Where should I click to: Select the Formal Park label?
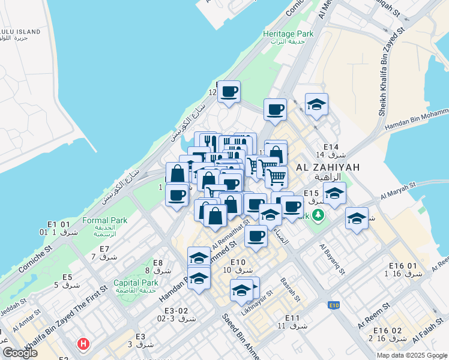[x=105, y=220]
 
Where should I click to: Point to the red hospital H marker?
[x=83, y=344]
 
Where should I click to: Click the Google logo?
[x=20, y=353]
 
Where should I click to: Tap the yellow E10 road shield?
[x=334, y=305]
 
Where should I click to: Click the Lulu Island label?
[x=20, y=31]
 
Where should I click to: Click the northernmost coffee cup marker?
[x=228, y=92]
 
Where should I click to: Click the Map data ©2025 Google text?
[x=411, y=355]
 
